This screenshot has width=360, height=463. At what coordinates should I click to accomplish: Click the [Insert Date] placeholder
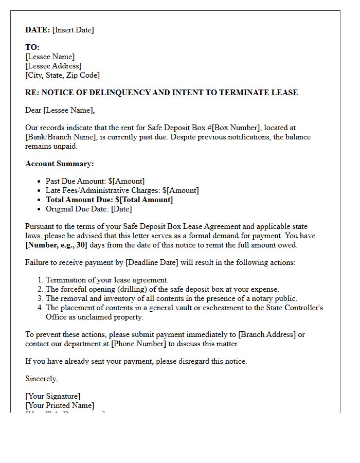pyautogui.click(x=73, y=30)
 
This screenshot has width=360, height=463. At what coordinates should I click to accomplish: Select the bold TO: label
pyautogui.click(x=32, y=47)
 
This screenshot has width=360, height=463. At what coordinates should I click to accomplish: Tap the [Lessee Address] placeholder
pyautogui.click(x=53, y=66)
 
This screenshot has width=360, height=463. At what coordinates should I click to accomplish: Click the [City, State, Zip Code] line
pyautogui.click(x=62, y=75)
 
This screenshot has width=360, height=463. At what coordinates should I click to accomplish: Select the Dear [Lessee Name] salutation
pyautogui.click(x=60, y=110)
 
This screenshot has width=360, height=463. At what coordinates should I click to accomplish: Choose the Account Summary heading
pyautogui.click(x=59, y=164)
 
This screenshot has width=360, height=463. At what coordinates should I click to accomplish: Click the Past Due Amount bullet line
pyautogui.click(x=95, y=181)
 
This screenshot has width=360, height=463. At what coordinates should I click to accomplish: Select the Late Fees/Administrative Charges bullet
pyautogui.click(x=122, y=190)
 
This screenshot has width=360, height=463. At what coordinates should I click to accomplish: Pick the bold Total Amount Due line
pyautogui.click(x=109, y=200)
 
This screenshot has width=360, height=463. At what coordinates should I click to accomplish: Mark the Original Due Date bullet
pyautogui.click(x=88, y=209)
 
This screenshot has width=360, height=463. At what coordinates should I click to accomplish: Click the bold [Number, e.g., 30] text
pyautogui.click(x=57, y=245)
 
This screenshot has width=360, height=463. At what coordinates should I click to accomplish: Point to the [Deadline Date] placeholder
pyautogui.click(x=148, y=262)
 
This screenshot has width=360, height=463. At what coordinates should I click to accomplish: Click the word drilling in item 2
pyautogui.click(x=135, y=289)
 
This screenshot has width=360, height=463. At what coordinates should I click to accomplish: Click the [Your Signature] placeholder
pyautogui.click(x=52, y=396)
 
